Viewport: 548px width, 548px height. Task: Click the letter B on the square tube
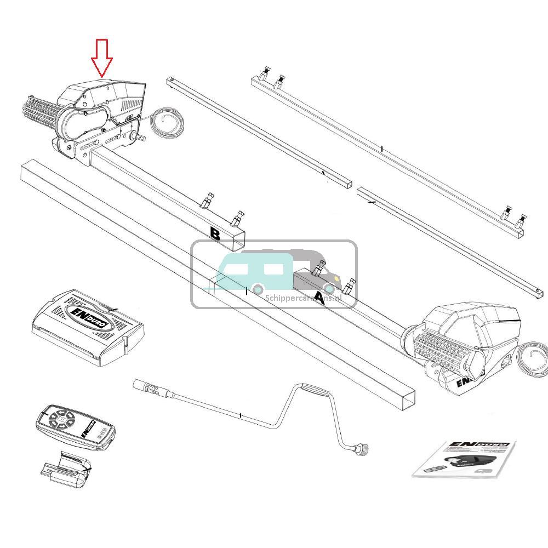click(215, 235)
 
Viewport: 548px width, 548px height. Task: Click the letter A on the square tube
click(319, 299)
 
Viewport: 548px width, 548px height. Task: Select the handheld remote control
click(76, 427)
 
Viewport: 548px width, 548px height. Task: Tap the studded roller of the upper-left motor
click(41, 113)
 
